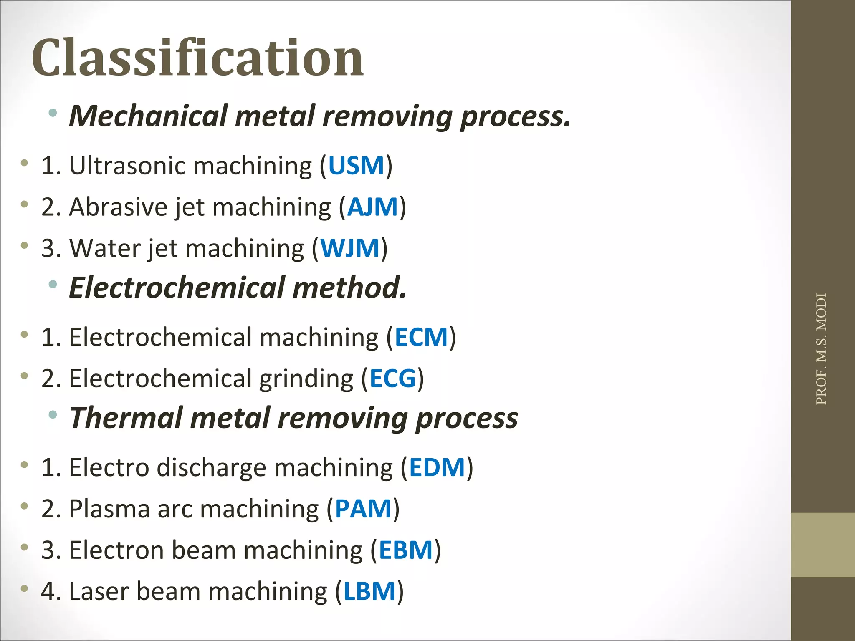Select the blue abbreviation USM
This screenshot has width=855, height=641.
click(356, 166)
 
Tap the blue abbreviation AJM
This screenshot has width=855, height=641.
click(372, 207)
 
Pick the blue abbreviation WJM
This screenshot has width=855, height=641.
click(350, 248)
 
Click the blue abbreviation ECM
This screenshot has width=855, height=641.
click(421, 337)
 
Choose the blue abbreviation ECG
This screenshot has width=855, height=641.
click(393, 379)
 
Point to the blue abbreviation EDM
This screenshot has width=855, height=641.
click(437, 467)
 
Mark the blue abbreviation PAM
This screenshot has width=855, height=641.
click(363, 509)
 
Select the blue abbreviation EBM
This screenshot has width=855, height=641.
click(406, 550)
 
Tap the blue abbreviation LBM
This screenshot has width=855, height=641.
click(369, 591)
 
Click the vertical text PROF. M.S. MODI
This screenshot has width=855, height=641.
click(821, 349)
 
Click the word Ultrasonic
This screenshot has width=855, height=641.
click(127, 166)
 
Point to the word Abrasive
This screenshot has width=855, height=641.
click(118, 207)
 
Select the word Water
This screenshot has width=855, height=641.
click(105, 248)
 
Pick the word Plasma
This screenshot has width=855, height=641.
click(109, 509)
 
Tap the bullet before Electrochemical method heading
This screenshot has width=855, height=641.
click(53, 285)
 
